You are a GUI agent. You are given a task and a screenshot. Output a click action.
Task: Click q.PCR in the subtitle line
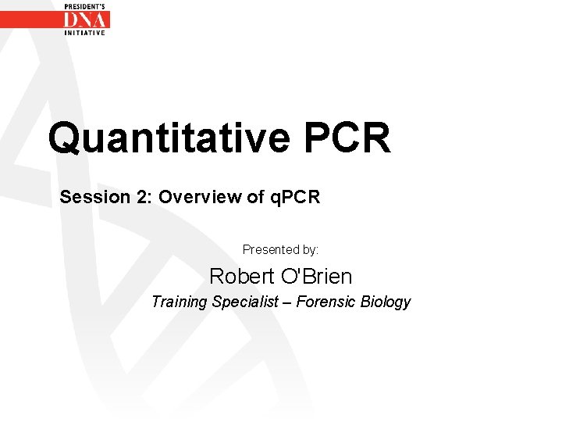295,197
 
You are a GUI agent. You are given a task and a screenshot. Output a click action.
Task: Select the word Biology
386,302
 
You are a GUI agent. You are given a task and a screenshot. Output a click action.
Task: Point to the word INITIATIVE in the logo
85,33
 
